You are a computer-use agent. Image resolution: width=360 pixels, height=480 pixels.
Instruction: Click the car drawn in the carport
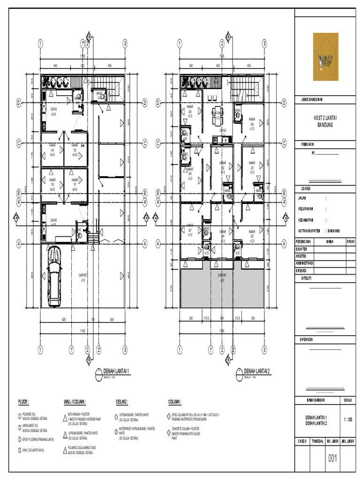[x=54, y=274]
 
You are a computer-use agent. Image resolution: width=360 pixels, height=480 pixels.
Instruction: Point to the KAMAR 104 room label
[x=52, y=150]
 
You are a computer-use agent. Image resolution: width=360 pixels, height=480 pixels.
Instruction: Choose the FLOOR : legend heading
[x=23, y=402]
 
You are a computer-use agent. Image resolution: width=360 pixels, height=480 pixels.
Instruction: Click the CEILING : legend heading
[x=122, y=402]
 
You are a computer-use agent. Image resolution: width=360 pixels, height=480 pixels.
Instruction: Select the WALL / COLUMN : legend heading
[x=75, y=402]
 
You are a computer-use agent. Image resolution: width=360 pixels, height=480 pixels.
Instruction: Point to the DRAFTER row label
[x=302, y=249]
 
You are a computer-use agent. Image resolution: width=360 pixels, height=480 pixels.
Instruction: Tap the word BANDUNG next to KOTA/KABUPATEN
[x=333, y=231]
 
